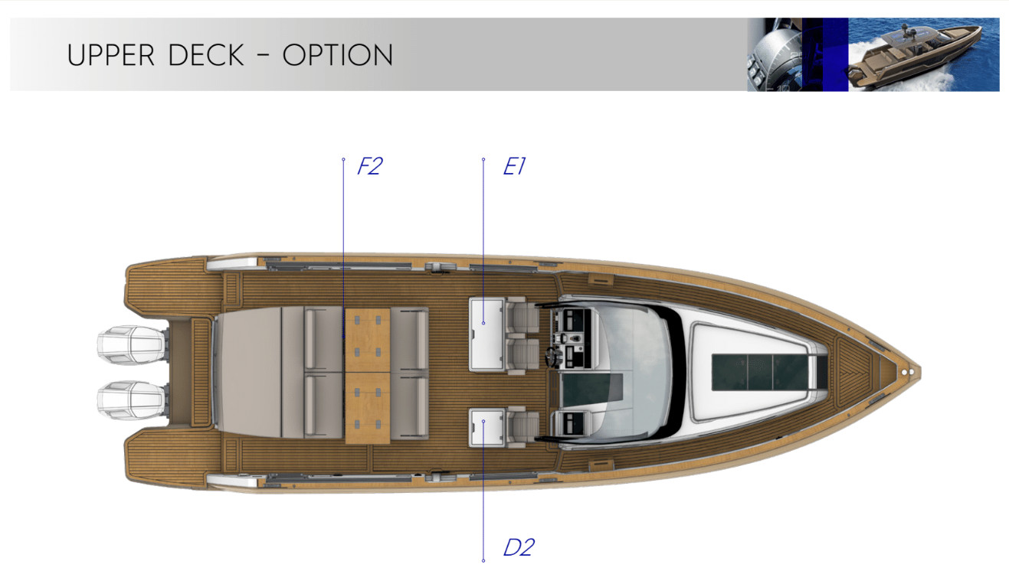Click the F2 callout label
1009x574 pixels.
369,166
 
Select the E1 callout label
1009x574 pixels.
514,166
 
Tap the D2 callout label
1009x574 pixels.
519,547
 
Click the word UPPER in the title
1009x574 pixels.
111,55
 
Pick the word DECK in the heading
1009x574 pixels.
206,55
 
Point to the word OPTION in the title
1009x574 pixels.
338,55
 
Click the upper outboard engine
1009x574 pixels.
133,345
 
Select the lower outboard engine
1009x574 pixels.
133,400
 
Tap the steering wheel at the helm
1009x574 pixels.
552,357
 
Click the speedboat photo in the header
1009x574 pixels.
923,54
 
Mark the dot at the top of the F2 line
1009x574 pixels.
343,159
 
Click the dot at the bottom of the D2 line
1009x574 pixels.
483,560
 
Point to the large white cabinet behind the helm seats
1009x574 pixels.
486,334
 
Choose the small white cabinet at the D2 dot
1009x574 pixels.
486,428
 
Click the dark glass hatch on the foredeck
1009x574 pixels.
760,372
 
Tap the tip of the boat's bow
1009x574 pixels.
920,373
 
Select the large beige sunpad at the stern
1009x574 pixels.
249,373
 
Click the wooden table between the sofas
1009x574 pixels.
368,376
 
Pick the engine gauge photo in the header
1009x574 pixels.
775,54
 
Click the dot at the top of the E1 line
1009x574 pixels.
483,159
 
